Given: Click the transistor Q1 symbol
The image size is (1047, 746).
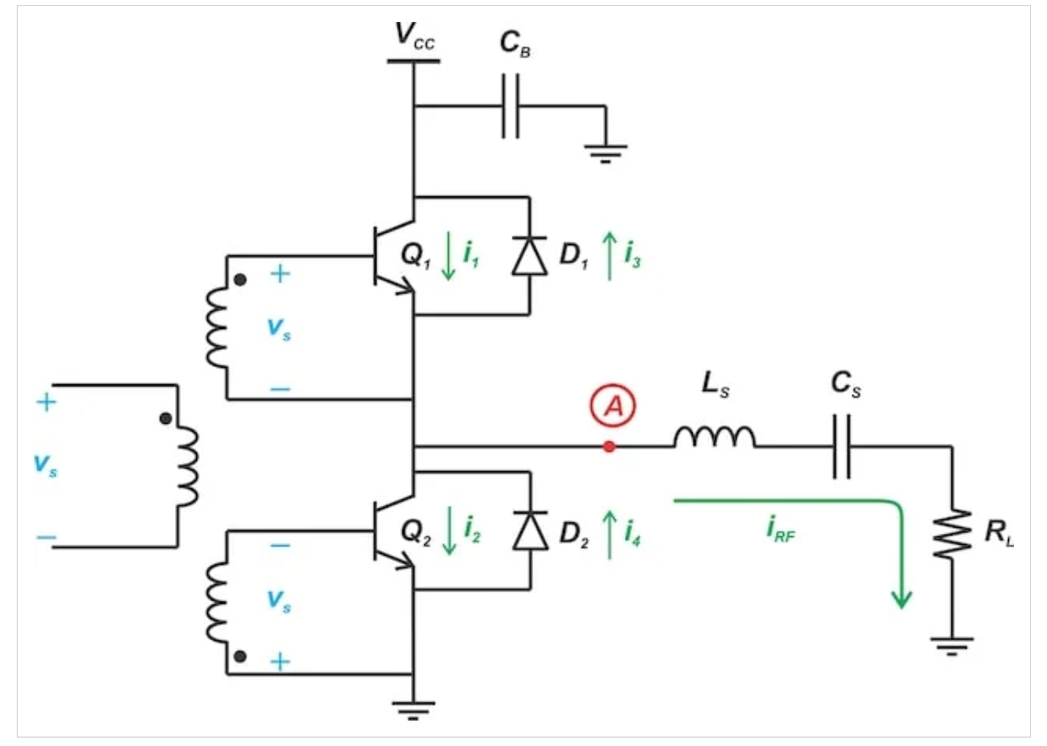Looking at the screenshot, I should (391, 257).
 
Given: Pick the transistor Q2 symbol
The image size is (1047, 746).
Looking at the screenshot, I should (391, 531).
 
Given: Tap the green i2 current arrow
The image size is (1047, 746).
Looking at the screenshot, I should (448, 531).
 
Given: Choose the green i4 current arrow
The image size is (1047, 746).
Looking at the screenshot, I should (609, 531).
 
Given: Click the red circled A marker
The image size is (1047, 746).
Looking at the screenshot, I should (610, 407).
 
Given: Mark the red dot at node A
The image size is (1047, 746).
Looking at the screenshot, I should (609, 446).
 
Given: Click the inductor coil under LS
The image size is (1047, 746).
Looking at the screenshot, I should (715, 436).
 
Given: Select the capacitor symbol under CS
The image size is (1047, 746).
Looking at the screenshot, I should (841, 446).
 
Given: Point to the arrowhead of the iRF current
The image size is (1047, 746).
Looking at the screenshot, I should (902, 598).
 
